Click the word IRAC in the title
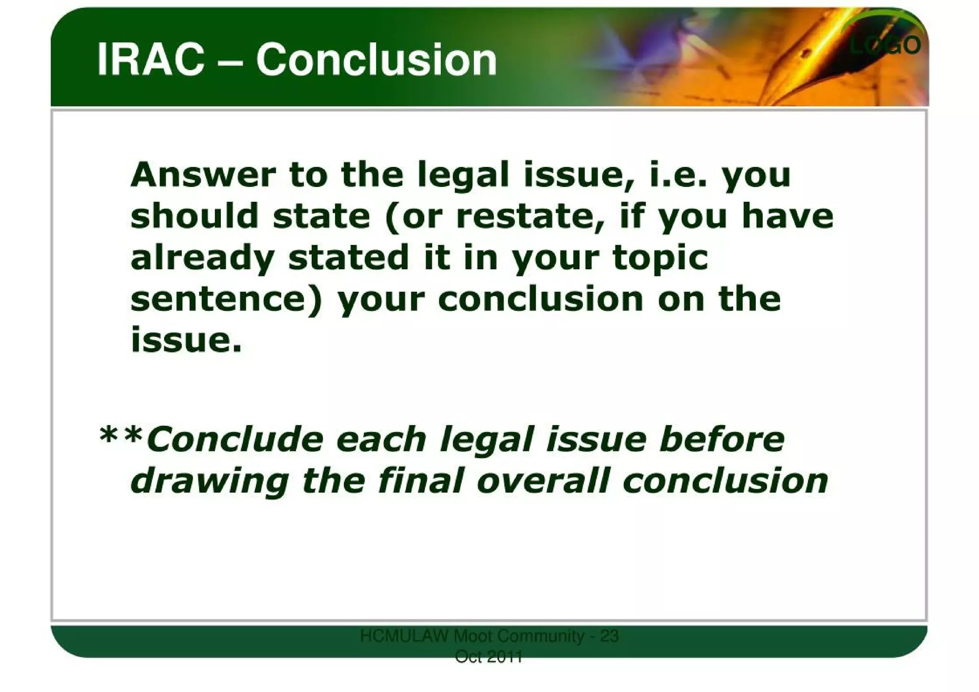coord(150,60)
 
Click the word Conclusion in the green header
coord(376,60)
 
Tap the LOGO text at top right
coord(885,45)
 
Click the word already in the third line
coord(202,258)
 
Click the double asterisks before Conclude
coord(121,436)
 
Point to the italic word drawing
coord(210,481)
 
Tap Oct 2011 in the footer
coord(489,658)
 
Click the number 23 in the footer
coord(609,637)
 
